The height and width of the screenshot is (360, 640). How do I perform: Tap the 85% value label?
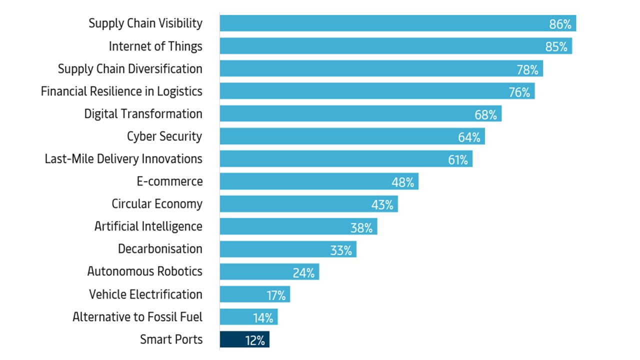click(556, 47)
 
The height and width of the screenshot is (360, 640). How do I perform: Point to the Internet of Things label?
click(155, 46)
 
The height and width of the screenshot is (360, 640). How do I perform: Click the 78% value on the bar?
click(527, 69)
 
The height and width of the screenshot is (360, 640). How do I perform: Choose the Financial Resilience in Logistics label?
click(121, 91)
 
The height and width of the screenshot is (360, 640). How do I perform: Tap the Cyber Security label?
click(164, 136)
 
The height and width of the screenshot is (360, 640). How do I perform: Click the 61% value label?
click(457, 160)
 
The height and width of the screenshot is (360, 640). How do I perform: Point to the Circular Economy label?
click(157, 204)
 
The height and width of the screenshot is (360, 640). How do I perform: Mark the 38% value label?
click(361, 228)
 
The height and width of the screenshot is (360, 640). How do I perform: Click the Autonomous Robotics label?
click(144, 271)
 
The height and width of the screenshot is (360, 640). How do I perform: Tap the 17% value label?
click(276, 295)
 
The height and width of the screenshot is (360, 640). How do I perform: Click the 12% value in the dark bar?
click(255, 340)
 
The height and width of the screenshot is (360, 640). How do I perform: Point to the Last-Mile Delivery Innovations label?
click(123, 159)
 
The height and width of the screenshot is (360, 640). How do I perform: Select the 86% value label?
click(560, 24)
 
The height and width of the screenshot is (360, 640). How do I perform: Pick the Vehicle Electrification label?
click(145, 294)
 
